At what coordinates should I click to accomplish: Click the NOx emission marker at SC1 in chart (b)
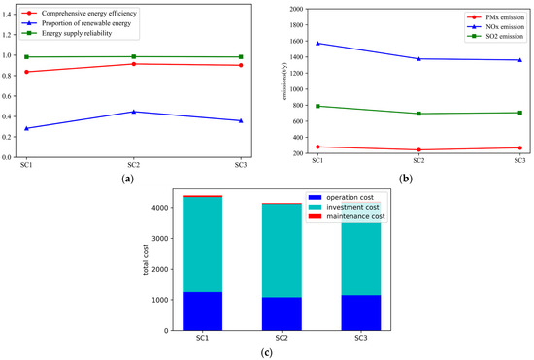point(317,43)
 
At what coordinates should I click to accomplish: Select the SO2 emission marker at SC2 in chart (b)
point(418,114)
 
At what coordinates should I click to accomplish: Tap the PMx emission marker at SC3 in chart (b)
point(519,148)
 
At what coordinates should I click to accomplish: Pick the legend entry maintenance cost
point(357,215)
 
